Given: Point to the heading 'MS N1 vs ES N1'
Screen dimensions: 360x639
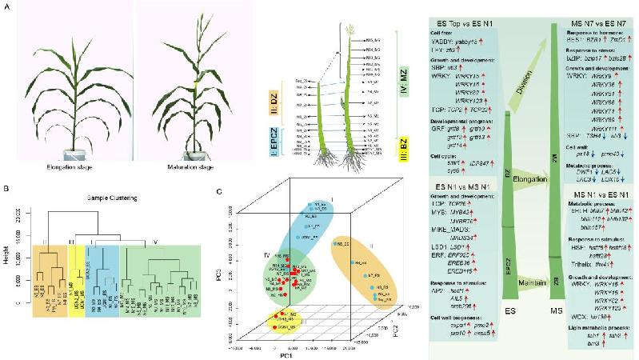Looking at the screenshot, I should [x=593, y=196].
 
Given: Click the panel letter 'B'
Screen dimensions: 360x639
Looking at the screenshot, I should [x=6, y=188].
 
